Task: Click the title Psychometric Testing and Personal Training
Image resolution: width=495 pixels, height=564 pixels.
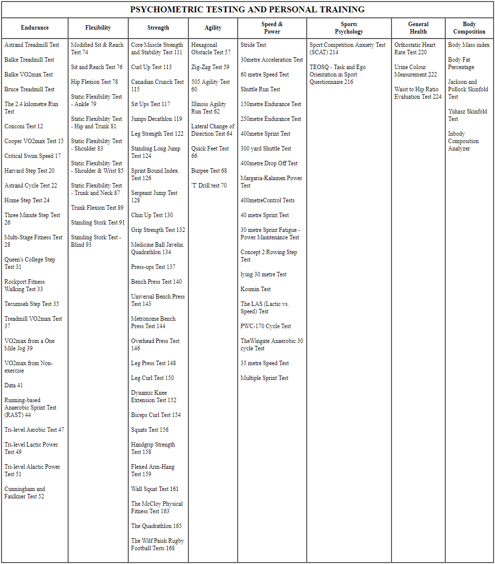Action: [247, 9]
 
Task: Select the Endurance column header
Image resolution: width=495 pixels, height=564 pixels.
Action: [35, 28]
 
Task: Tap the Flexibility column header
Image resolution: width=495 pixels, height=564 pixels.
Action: [98, 28]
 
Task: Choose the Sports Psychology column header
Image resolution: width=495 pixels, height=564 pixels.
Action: [349, 28]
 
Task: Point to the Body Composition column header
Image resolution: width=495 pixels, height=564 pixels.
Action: [469, 28]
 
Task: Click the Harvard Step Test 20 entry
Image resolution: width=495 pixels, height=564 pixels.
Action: [30, 171]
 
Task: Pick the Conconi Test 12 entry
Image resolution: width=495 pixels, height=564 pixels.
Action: [24, 126]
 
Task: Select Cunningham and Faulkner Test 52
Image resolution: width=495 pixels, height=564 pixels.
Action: [25, 492]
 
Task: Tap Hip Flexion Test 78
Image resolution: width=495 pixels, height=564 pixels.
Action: [94, 82]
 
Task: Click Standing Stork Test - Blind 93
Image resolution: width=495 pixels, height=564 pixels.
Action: [96, 241]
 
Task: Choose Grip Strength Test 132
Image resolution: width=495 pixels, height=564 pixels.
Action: [158, 230]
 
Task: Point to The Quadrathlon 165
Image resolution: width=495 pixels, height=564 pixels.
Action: [156, 526]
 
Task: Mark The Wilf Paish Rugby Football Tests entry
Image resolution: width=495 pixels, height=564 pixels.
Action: [157, 544]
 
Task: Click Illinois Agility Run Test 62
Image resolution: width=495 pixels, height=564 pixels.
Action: [209, 108]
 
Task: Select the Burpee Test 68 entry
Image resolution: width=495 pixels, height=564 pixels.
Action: [209, 171]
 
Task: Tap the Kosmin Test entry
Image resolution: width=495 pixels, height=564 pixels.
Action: [255, 289]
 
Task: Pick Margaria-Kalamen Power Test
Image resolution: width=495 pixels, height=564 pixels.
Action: [271, 182]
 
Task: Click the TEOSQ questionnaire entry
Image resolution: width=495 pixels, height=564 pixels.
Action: [337, 74]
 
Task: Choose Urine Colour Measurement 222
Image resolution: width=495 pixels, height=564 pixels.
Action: [415, 71]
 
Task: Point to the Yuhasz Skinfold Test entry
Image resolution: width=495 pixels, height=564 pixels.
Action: [467, 115]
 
